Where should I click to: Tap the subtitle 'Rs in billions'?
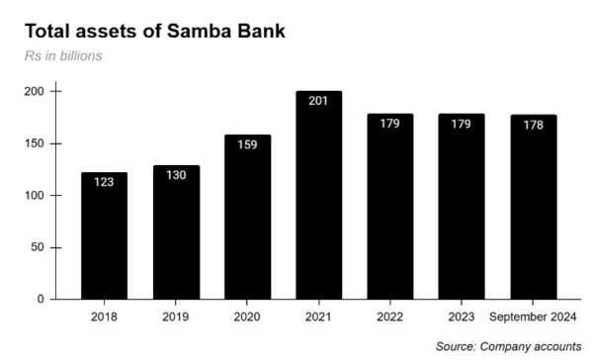64,55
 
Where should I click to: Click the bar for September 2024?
534,207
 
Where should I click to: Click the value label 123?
104,182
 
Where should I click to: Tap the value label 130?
175,175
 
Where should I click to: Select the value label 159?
247,144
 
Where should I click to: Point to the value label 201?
318,101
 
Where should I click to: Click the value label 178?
534,125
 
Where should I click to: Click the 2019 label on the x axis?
175,317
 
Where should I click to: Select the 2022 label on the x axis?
390,317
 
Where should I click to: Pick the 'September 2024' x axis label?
534,317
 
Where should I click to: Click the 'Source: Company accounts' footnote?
508,346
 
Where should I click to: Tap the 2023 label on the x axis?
462,317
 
